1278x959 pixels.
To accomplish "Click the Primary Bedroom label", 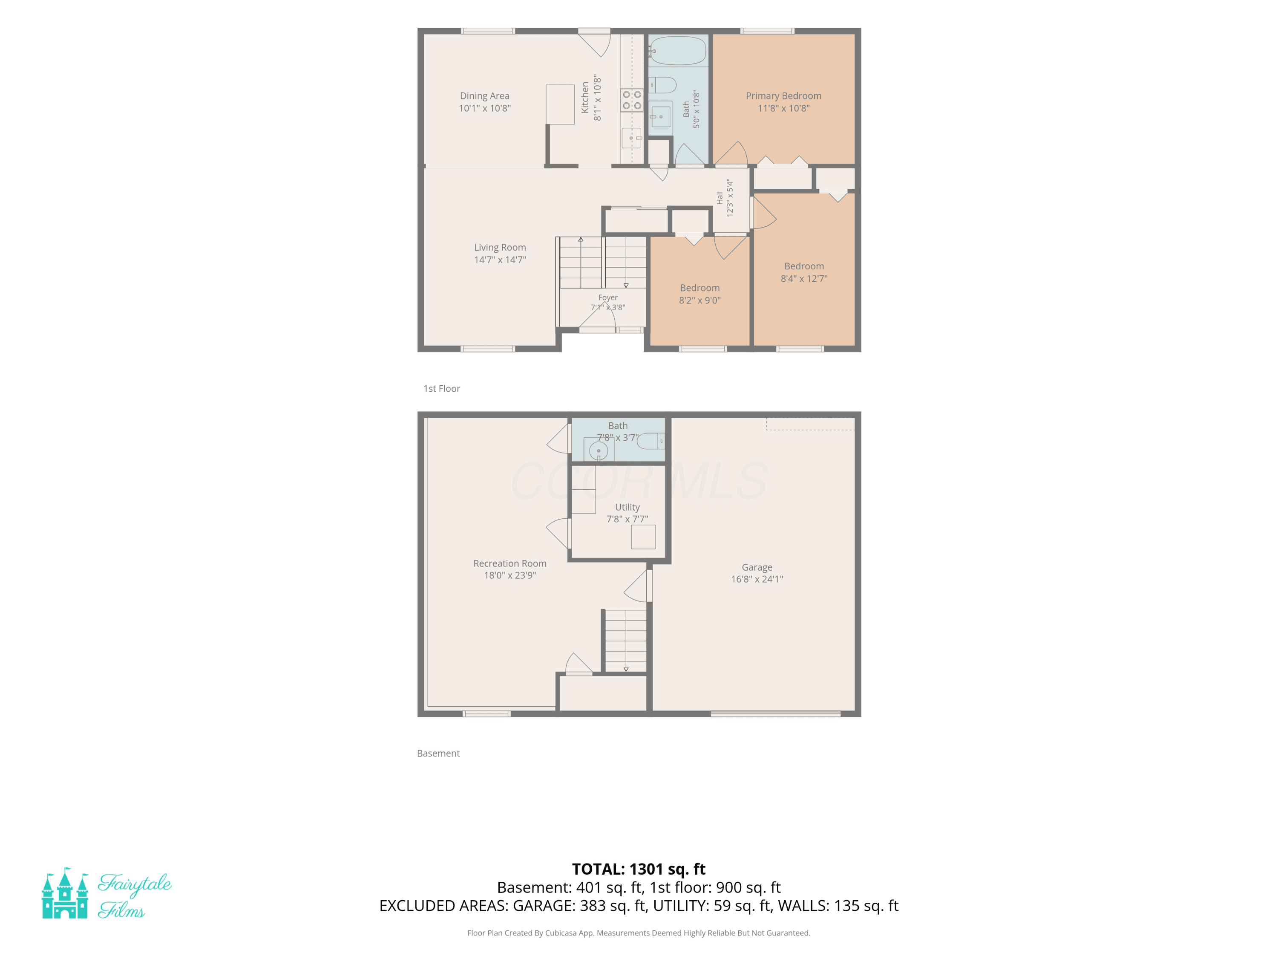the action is [x=783, y=96].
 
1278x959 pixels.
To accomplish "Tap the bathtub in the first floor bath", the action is [x=678, y=51].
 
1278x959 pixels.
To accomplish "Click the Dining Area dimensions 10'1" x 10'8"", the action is [x=485, y=108].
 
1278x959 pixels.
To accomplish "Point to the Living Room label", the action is [x=500, y=247].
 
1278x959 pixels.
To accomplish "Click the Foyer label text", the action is [x=608, y=298].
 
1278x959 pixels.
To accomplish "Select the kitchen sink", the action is [x=631, y=138].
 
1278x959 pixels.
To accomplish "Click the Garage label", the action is [x=757, y=568].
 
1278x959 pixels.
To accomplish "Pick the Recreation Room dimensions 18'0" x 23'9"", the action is [x=509, y=575].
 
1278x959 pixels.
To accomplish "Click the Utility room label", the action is [x=627, y=507].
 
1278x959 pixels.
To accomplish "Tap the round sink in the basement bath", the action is [x=599, y=451].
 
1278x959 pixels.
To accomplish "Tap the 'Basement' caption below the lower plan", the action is [x=438, y=753].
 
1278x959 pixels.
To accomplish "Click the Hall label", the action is [x=720, y=198].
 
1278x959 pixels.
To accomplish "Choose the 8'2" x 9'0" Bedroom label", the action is [x=699, y=294].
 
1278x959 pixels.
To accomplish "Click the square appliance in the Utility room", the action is [x=643, y=537].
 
